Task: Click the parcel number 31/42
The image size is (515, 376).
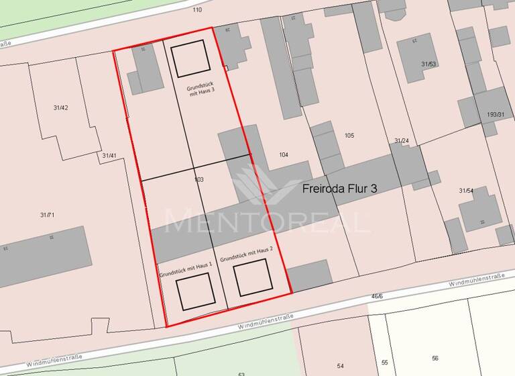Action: click(60, 107)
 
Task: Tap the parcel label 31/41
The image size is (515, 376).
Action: click(109, 156)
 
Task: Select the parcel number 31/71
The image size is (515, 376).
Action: click(47, 215)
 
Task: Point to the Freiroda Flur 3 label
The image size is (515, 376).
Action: click(340, 189)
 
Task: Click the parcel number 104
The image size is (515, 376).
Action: click(283, 155)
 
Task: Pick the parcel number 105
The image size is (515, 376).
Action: click(349, 136)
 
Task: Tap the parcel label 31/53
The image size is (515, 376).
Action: click(428, 64)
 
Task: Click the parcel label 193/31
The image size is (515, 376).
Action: click(496, 115)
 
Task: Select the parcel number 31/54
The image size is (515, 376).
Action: click(466, 191)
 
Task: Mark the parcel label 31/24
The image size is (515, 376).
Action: click(401, 141)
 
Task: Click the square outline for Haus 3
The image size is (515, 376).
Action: click(190, 58)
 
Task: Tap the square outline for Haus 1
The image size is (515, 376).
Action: click(195, 291)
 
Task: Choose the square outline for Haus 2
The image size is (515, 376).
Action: click(253, 278)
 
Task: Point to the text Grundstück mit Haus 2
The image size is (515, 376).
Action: click(247, 254)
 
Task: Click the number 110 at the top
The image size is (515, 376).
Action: click(197, 10)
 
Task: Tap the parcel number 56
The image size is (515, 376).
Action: click(435, 358)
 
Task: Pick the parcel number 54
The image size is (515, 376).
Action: click(341, 365)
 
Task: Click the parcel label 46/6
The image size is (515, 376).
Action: click(377, 295)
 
